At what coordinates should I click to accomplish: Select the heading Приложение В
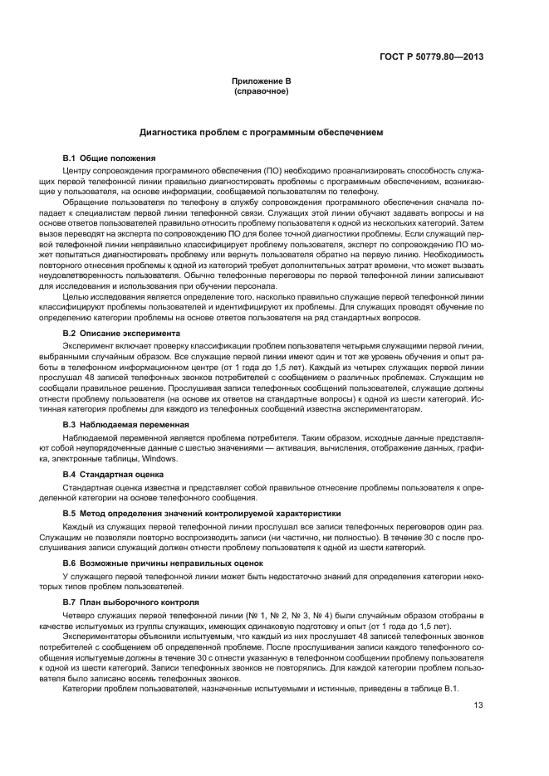[261, 81]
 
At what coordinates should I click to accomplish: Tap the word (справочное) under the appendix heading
[261, 90]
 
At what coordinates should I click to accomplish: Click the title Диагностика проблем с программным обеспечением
[261, 132]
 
